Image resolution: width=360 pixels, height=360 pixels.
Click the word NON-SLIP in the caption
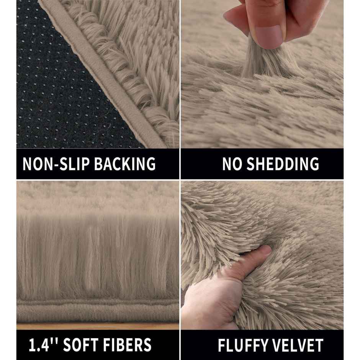point(56,164)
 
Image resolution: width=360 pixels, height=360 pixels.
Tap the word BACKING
point(125,164)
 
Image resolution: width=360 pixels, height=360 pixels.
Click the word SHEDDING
point(283,164)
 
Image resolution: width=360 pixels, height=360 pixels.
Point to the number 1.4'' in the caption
point(43,345)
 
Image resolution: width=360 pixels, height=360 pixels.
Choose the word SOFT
point(80,345)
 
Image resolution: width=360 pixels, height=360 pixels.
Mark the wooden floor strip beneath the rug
point(98,326)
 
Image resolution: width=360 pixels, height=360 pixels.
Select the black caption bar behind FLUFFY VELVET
point(262,345)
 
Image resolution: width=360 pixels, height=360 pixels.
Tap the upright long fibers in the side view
point(98,255)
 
